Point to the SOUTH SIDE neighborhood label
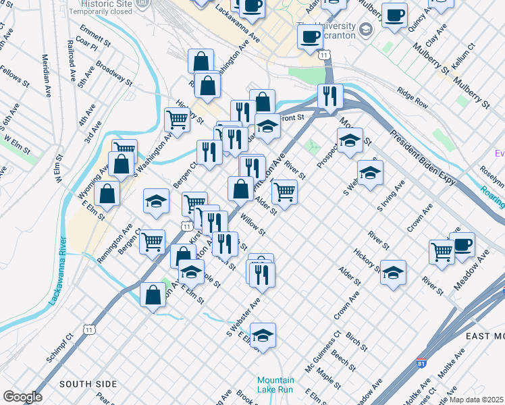(88, 384)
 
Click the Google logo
(22, 397)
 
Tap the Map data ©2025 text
(477, 400)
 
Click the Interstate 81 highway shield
(422, 363)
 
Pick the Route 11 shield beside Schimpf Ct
(89, 329)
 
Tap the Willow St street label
(253, 225)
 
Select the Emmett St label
(95, 36)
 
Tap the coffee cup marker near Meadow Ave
(462, 245)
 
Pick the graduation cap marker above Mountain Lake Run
(263, 335)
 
